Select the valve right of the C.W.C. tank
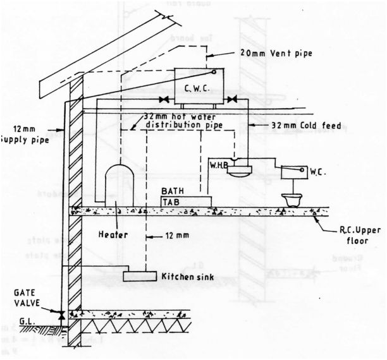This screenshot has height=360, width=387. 233,100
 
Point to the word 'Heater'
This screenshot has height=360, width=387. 113,234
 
